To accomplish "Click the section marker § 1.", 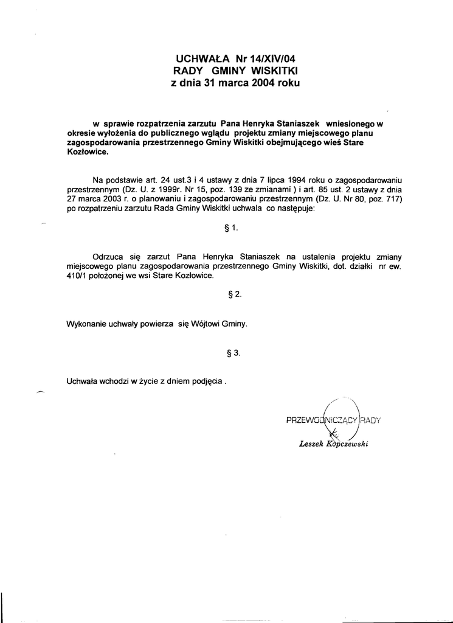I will pyautogui.click(x=232, y=229).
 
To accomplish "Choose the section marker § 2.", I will pyautogui.click(x=233, y=294).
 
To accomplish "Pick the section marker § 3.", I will pyautogui.click(x=233, y=352).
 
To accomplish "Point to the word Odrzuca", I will pyautogui.click(x=108, y=257).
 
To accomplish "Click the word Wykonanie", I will pyautogui.click(x=86, y=324).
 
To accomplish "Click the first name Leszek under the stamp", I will pyautogui.click(x=312, y=444).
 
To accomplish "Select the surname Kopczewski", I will pyautogui.click(x=348, y=444).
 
